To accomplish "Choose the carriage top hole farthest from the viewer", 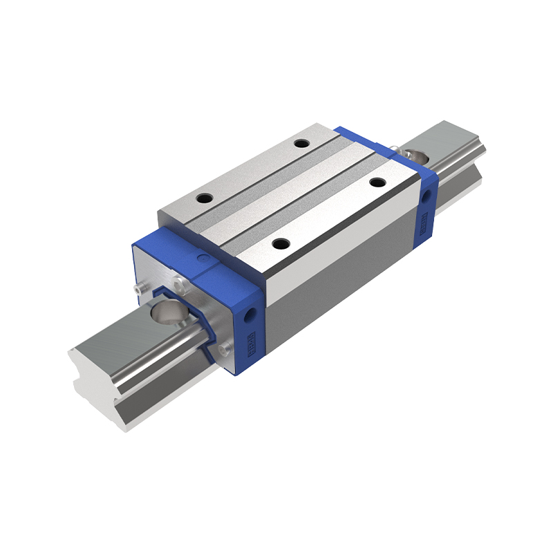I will (x=301, y=144).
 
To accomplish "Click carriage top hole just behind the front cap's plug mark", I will (x=204, y=198).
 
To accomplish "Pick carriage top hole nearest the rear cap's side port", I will (x=377, y=182).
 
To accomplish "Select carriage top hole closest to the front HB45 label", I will (x=280, y=243).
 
